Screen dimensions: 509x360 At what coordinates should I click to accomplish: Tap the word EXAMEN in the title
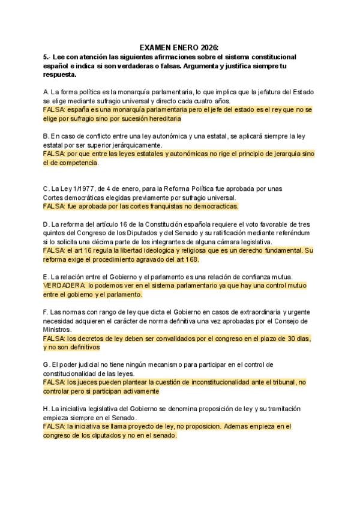point(157,47)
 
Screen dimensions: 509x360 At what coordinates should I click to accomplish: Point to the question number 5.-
point(48,56)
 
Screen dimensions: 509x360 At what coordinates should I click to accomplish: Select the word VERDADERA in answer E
point(64,286)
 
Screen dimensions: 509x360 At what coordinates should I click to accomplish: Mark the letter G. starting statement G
point(47,364)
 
